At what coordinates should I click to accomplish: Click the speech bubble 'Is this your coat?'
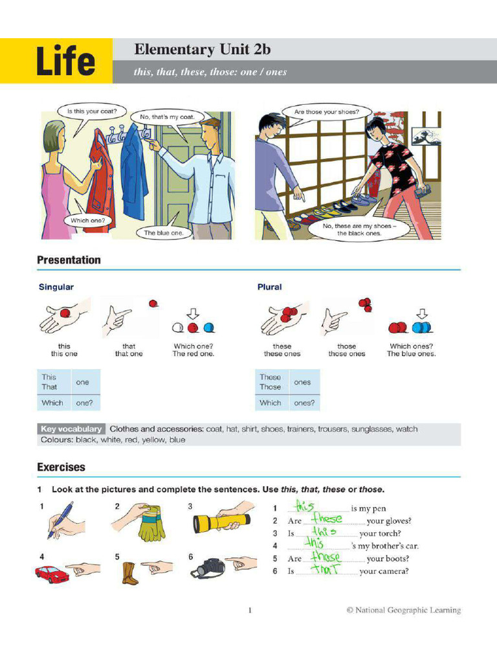tap(91, 111)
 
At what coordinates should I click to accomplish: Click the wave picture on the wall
tap(426, 136)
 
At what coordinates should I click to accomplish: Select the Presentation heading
tap(69, 260)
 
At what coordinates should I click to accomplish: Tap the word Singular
tap(56, 287)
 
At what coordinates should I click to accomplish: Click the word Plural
tap(269, 287)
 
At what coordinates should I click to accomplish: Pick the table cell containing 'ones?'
tap(304, 403)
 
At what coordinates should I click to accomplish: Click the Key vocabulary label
tap(71, 429)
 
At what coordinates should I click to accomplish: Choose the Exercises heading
tap(61, 467)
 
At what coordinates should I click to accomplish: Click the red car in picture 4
tap(52, 574)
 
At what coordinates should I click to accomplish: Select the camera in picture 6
tap(208, 568)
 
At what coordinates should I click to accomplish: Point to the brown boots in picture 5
tap(129, 573)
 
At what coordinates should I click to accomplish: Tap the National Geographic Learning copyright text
tap(403, 610)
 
